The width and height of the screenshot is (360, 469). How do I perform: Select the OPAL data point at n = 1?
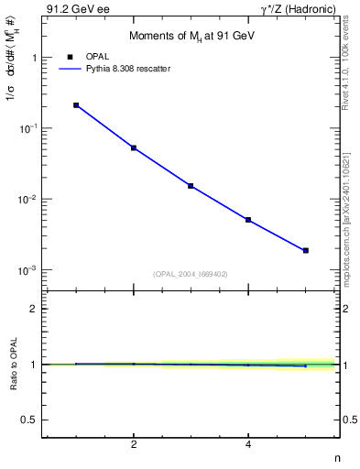(x=76, y=105)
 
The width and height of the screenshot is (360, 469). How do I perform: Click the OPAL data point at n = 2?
(x=134, y=147)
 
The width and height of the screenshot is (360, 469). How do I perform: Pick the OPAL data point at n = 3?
(x=191, y=186)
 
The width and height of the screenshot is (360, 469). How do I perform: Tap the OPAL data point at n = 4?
(x=248, y=220)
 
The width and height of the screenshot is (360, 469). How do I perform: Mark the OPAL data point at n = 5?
(x=306, y=250)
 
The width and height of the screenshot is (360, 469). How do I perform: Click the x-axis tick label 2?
(x=134, y=444)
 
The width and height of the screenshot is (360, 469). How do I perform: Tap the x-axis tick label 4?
(x=248, y=444)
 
